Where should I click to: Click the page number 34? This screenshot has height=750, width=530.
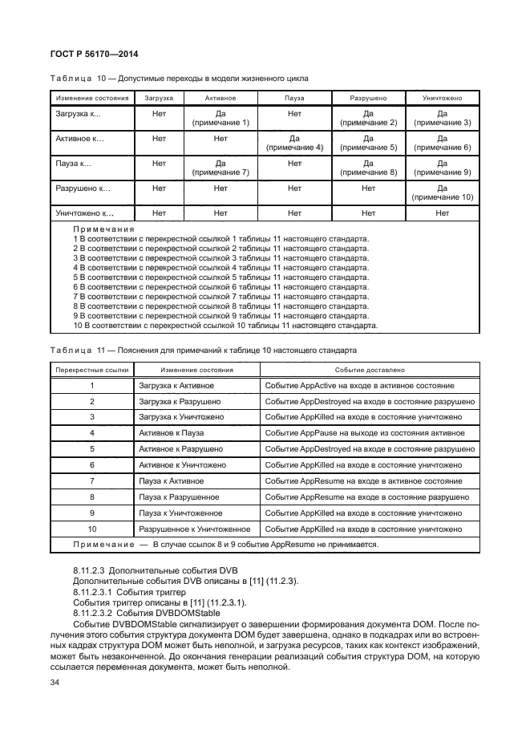(55, 683)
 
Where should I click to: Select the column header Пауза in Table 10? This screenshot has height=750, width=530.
(293, 98)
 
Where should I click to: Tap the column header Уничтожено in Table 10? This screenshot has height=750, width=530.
(442, 98)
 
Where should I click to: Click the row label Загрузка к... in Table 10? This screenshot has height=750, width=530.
(78, 115)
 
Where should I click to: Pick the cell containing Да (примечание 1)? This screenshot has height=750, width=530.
(220, 119)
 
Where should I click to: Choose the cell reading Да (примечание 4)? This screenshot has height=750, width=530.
(293, 144)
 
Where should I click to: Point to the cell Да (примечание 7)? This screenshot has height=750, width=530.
(220, 168)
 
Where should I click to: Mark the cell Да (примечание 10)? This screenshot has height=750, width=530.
(442, 193)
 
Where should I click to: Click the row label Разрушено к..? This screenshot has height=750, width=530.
(82, 189)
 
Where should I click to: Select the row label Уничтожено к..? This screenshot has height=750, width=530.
(84, 214)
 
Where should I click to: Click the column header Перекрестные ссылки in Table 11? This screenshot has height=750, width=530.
(91, 371)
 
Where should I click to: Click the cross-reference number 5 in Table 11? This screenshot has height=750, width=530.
(92, 449)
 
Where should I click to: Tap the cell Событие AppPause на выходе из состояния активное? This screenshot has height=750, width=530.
(363, 433)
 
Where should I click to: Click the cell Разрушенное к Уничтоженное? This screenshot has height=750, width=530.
(195, 529)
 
